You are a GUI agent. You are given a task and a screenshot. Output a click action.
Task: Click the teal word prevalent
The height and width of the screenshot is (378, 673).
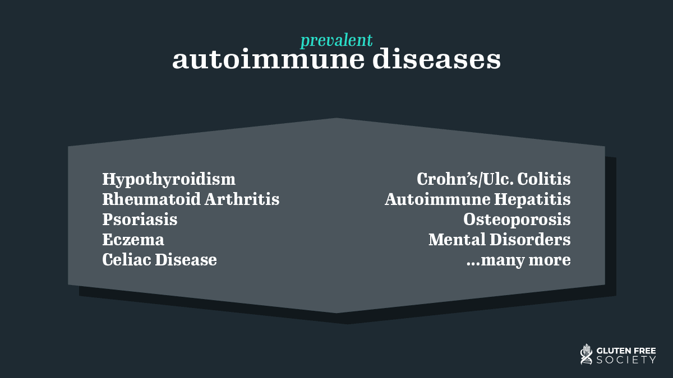coord(336,40)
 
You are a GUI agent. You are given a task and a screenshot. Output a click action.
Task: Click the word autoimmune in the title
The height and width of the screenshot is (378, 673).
coord(268,59)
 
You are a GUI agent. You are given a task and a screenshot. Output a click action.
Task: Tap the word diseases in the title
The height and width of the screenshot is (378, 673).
coord(436,59)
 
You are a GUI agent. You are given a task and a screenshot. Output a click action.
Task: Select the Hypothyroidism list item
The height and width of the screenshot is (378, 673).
coord(169,179)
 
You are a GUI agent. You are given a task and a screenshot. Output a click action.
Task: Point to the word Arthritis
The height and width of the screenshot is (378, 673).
coord(242,199)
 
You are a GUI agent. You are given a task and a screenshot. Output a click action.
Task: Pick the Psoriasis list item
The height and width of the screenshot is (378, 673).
coord(140,219)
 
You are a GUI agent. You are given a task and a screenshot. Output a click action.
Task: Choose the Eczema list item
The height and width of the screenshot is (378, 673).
coord(133,240)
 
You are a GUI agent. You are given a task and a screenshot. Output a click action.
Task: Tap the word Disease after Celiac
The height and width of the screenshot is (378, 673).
coord(186,259)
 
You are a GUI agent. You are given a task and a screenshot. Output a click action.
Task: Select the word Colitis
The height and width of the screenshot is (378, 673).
coord(544,179)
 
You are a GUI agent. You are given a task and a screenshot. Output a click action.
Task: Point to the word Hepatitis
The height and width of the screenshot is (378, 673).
coord(532,199)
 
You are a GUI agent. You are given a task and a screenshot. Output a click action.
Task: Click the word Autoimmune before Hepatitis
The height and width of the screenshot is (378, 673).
coord(437,199)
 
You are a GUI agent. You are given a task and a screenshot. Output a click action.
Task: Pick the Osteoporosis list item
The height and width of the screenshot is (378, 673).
coord(517,220)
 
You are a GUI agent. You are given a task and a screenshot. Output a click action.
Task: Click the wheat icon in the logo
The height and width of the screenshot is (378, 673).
coord(586,354)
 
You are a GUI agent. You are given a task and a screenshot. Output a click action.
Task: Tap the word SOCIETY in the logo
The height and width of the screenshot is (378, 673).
coord(626,360)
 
